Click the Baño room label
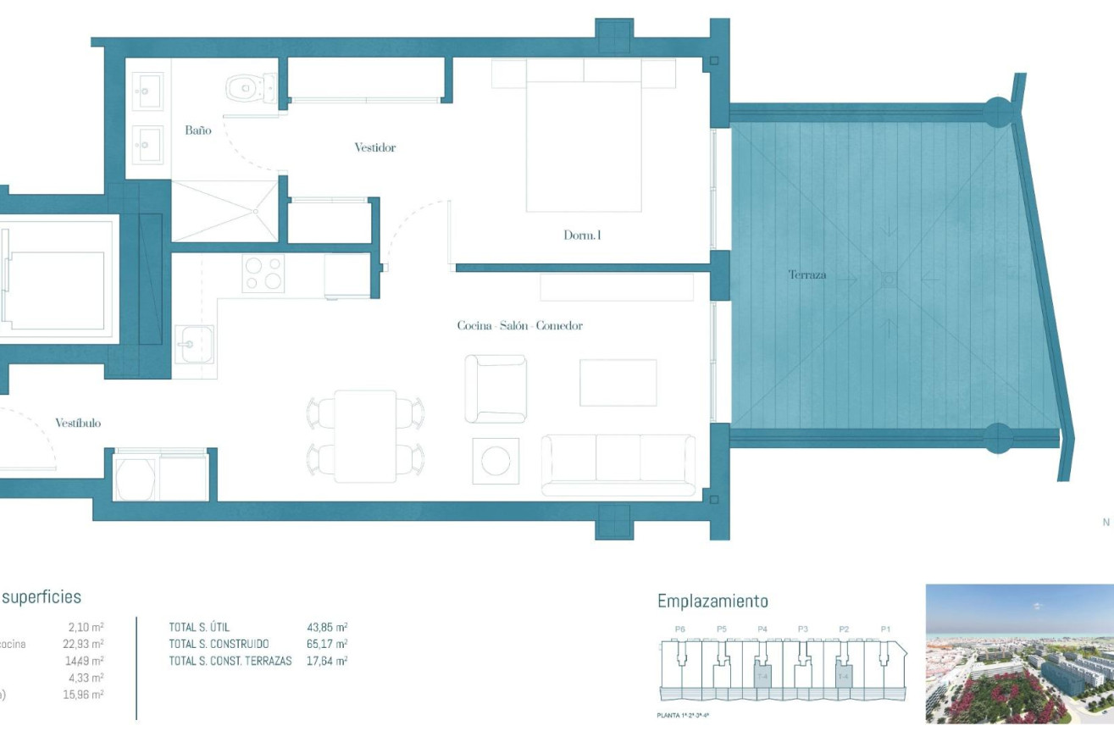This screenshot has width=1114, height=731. pos(197,130)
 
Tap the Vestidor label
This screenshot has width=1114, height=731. pos(374,147)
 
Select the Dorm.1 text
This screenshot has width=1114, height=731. pos(582,235)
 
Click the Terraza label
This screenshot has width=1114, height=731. pos(806,274)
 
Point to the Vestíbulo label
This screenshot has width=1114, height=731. pos(78,423)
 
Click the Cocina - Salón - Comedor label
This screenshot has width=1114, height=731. pos(519,325)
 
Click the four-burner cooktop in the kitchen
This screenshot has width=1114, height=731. pos(263,273)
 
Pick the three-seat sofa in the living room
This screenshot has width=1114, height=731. pos(618,463)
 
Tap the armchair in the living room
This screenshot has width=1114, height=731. pos(495,389)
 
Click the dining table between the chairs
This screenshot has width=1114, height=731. pos(365,435)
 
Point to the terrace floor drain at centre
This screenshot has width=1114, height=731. pos(888,279)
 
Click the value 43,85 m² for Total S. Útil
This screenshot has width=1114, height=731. pos(327,628)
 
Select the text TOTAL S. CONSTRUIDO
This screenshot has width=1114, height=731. pos(219,645)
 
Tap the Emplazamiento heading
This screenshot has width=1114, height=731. pos(712,601)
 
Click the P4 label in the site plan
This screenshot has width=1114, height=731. pos(762,629)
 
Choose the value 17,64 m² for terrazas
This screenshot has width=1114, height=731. pos(327,661)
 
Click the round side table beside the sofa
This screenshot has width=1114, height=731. pos(495,462)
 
